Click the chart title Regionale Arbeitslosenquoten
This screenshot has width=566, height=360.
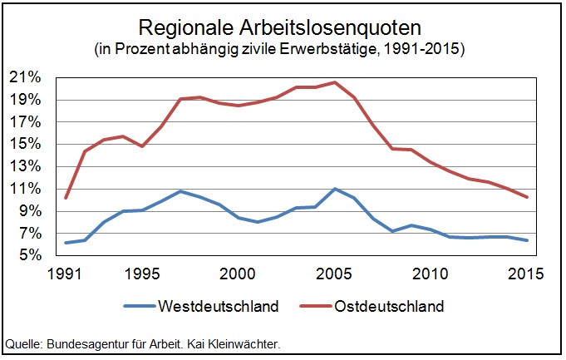(x=283, y=27)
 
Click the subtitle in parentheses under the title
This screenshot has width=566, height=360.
(x=283, y=49)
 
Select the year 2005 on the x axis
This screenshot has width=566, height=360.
(x=334, y=274)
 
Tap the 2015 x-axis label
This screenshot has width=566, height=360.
(x=527, y=274)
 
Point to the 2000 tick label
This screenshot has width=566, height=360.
(x=238, y=274)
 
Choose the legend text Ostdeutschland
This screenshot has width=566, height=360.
(x=389, y=306)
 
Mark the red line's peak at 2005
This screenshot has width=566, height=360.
(x=334, y=82)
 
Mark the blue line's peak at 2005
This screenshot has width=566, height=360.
(x=334, y=189)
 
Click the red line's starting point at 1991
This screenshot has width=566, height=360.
(x=65, y=198)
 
